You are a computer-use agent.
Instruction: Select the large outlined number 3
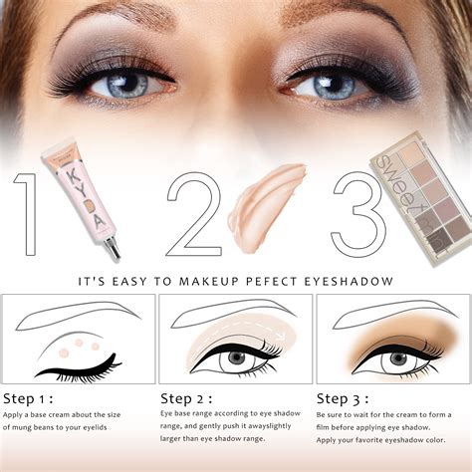click(351, 213)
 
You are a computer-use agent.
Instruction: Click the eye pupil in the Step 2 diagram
click(236, 357)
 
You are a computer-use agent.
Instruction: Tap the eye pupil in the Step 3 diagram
click(392, 358)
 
